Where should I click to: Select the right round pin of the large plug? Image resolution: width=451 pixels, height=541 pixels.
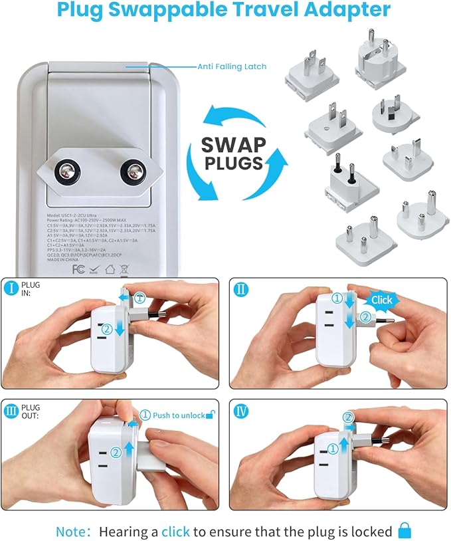point(132,173)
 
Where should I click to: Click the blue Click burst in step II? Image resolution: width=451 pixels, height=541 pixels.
point(381,300)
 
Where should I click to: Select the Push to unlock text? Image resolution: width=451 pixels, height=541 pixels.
point(178,415)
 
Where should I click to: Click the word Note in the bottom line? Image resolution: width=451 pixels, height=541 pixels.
point(71,531)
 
